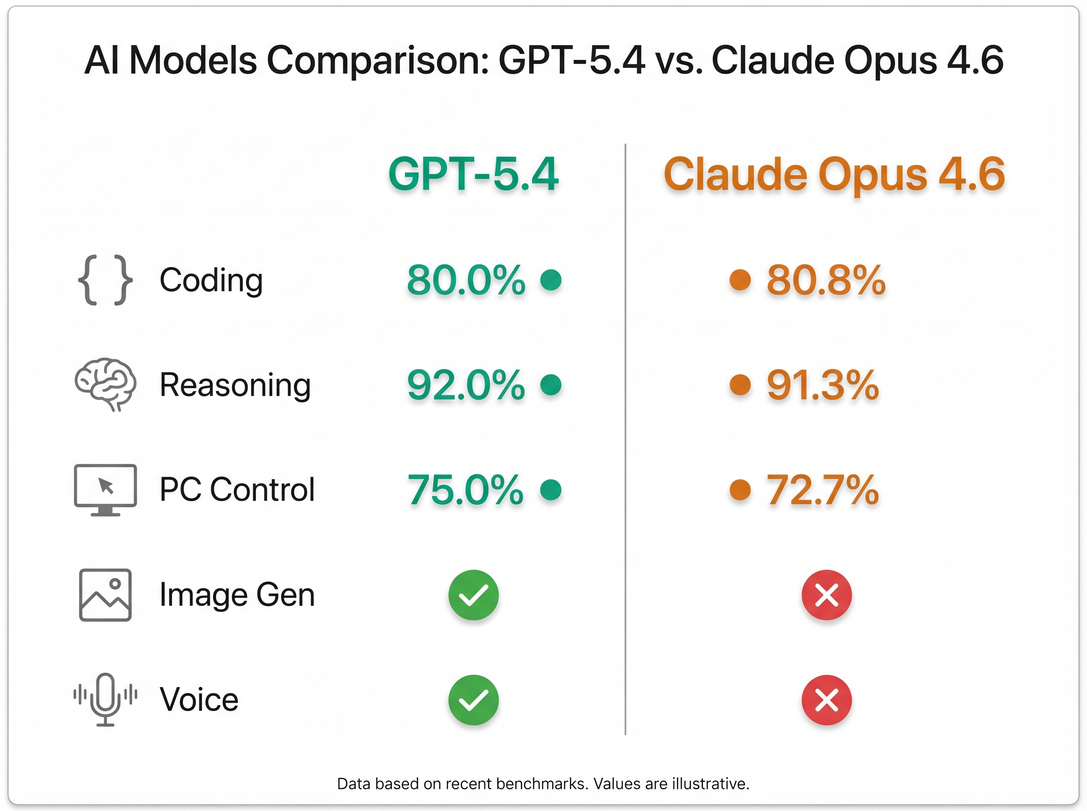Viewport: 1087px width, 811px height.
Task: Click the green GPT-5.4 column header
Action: tap(473, 174)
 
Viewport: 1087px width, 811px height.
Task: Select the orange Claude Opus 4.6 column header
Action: tap(834, 174)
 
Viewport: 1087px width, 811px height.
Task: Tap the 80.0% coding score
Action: tap(466, 280)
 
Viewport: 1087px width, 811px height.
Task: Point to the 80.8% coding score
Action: tap(826, 280)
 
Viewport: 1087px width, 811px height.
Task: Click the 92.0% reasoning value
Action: tap(466, 385)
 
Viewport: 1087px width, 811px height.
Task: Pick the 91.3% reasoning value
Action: tap(823, 385)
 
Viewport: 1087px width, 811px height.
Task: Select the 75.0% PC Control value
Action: tap(465, 489)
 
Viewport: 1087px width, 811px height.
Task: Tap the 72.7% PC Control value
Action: tap(823, 489)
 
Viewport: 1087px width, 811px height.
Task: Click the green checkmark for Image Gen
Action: tap(473, 595)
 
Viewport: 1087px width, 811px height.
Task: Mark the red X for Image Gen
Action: tap(827, 595)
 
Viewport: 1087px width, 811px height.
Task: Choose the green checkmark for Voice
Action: tap(473, 700)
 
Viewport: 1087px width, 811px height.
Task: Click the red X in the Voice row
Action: tap(827, 700)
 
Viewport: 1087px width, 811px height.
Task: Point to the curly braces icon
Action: tap(105, 280)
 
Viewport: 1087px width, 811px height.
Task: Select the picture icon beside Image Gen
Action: tap(105, 595)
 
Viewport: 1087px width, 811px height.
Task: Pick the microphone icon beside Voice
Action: tap(105, 699)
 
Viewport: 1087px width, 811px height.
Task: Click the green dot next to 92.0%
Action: tap(551, 384)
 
